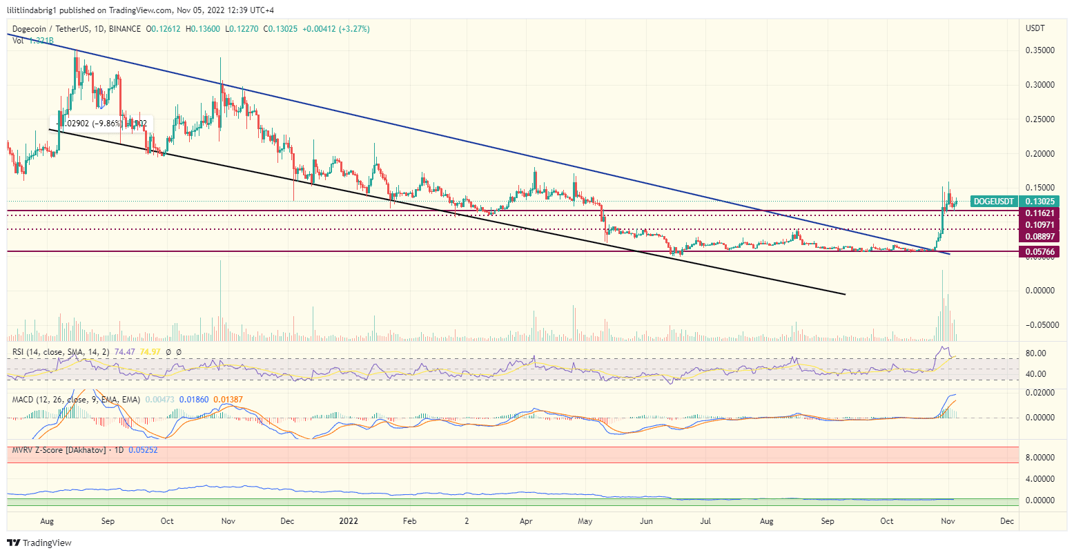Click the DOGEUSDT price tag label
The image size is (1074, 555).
click(x=993, y=202)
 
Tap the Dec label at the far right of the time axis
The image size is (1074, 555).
click(x=1006, y=521)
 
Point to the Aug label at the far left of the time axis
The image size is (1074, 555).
click(x=48, y=521)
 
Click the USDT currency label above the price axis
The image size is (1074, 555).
click(x=1036, y=28)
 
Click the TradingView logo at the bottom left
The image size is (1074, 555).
click(x=39, y=543)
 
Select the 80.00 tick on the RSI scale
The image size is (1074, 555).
click(x=1037, y=353)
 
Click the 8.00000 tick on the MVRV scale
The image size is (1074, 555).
click(x=1042, y=457)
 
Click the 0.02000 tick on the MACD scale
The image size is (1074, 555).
click(x=1042, y=392)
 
